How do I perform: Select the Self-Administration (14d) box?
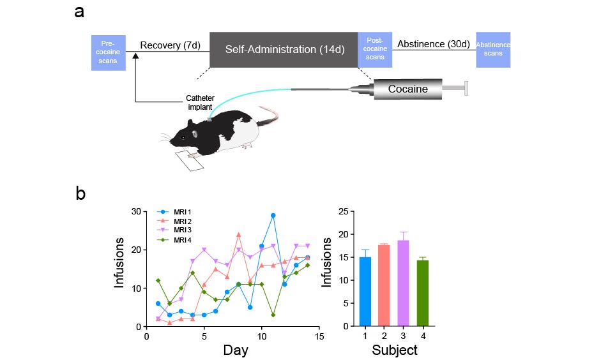click(x=284, y=49)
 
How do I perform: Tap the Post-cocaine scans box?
click(x=375, y=49)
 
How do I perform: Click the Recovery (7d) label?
click(x=169, y=45)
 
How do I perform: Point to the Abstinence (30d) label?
click(x=433, y=45)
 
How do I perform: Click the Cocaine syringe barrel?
click(x=407, y=89)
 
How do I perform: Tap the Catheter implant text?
click(x=200, y=103)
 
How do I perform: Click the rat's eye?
click(x=184, y=137)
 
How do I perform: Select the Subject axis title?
click(x=395, y=350)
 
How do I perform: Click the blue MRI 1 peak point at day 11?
click(x=273, y=216)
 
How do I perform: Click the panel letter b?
click(x=80, y=193)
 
